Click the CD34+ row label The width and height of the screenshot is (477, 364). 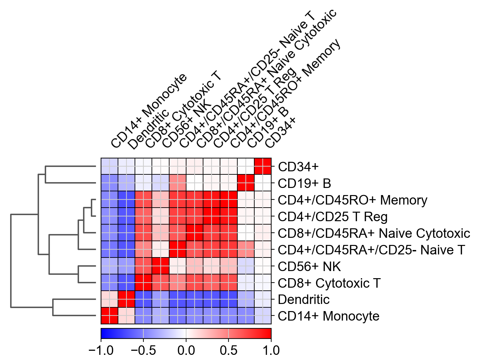(298, 167)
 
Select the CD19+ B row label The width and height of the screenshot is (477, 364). (304, 184)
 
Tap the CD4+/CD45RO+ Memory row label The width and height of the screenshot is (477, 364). (352, 200)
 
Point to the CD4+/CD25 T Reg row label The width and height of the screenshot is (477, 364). (333, 217)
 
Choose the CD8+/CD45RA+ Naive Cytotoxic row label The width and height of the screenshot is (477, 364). (374, 233)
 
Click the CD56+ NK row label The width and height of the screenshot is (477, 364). (309, 267)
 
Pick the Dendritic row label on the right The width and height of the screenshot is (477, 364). (303, 300)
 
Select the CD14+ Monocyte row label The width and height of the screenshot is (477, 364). (329, 316)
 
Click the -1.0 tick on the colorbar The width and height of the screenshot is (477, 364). (101, 350)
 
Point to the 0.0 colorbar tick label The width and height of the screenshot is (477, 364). (186, 350)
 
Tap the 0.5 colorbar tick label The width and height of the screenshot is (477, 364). (228, 350)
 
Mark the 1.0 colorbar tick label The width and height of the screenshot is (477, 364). (271, 350)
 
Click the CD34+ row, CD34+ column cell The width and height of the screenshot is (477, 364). (263, 167)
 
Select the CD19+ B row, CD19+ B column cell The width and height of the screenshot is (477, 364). (246, 183)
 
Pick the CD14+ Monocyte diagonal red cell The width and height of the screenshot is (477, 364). (110, 316)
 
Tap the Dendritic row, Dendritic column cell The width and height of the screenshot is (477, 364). (126, 299)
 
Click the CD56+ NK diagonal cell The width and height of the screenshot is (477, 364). (160, 266)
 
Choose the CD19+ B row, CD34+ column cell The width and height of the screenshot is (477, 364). (263, 183)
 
